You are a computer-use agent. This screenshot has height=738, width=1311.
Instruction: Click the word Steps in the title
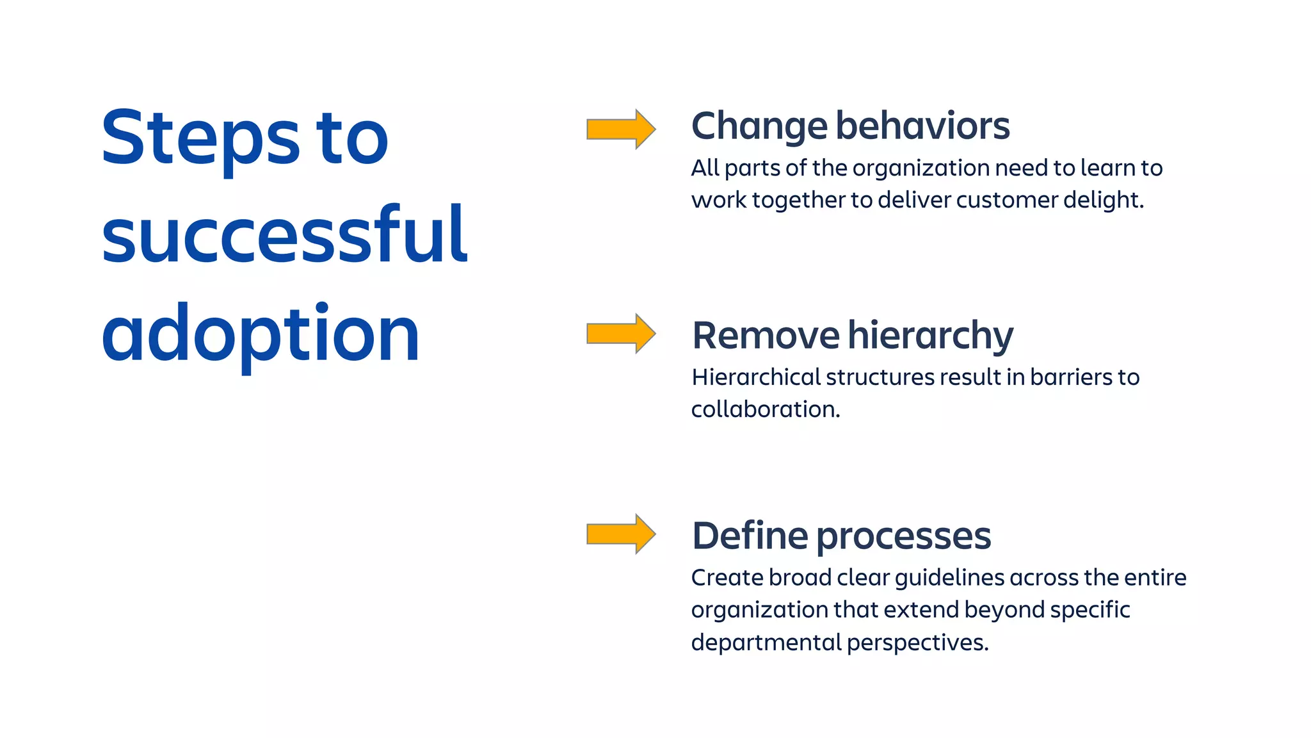[x=200, y=139]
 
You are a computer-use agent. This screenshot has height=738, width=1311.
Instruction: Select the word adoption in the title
[x=260, y=334]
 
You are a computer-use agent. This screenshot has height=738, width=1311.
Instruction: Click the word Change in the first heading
[x=759, y=127]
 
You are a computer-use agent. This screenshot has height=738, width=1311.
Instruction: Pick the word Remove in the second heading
[x=766, y=335]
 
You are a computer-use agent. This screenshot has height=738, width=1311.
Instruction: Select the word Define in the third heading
[x=750, y=536]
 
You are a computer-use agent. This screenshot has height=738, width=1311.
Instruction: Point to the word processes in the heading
[x=904, y=537]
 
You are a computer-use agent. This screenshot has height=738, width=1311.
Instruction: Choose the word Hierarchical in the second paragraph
[x=755, y=377]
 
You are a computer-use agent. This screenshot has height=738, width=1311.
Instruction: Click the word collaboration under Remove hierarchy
[x=764, y=409]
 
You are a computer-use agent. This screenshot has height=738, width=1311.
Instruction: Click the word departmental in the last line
[x=766, y=643]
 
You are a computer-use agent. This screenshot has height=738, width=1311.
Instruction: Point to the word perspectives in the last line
[x=917, y=643]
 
